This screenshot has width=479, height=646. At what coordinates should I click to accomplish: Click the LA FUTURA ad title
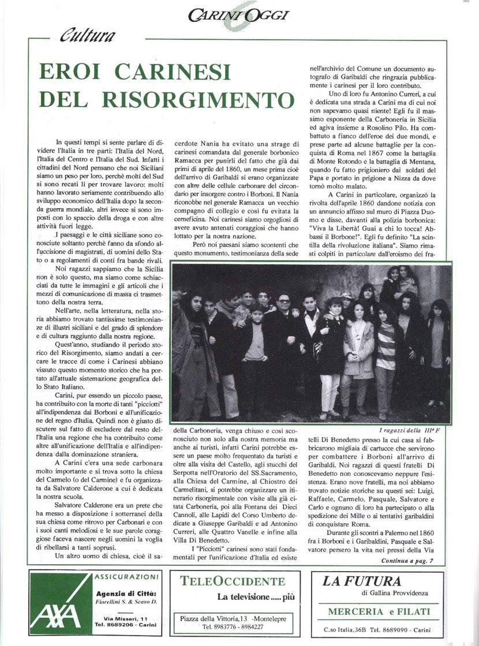pos(361,581)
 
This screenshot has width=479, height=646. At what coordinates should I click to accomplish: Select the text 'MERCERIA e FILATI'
pos(379,611)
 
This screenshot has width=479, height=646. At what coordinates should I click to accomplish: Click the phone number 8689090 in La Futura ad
pos(393,629)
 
